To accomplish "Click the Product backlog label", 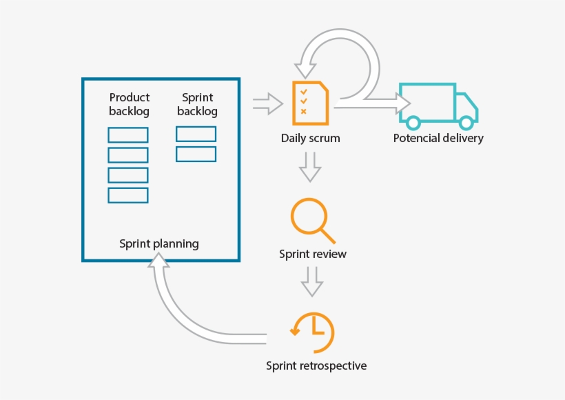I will [129, 104].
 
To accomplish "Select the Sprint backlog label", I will [197, 104].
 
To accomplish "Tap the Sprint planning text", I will [159, 243].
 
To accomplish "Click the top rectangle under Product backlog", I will [128, 135].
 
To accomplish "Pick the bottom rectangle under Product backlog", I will [128, 195].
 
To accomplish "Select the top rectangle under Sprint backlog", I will [196, 134].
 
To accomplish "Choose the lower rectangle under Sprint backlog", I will [196, 154].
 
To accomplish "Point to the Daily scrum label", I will [310, 138].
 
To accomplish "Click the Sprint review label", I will [313, 254].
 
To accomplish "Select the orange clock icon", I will [313, 332].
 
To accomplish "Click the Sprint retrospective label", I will [316, 366].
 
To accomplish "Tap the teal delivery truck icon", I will [439, 106].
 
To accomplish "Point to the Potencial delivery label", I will [438, 138].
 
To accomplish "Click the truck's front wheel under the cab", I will [466, 123].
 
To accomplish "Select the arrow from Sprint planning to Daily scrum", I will [267, 104].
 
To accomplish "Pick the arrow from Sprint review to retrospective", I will [312, 281].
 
